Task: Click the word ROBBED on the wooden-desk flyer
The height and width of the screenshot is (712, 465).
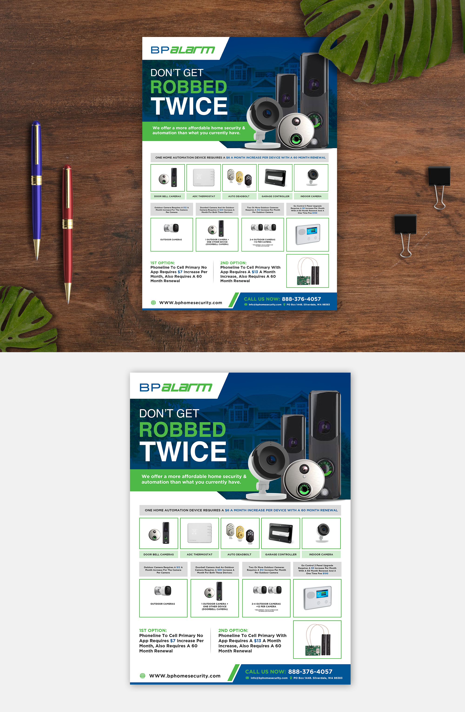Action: (x=189, y=87)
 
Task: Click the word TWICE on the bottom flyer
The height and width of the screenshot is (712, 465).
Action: (x=183, y=451)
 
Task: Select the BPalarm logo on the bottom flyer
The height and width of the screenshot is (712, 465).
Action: (x=176, y=387)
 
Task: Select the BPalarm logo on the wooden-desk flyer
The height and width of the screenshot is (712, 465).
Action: (x=183, y=50)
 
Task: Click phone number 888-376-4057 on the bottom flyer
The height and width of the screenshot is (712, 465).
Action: (x=310, y=672)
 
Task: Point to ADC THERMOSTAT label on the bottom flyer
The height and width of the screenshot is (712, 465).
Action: (x=199, y=554)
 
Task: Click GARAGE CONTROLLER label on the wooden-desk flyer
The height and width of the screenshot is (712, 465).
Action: (x=276, y=196)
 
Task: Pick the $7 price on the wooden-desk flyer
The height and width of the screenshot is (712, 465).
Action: (x=180, y=272)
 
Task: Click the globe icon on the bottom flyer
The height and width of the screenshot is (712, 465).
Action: (x=143, y=676)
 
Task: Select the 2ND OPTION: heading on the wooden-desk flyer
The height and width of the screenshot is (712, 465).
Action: (x=233, y=263)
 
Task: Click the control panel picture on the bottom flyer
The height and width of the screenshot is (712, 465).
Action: (x=317, y=598)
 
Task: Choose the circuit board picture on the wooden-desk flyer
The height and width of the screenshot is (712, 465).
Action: (x=307, y=271)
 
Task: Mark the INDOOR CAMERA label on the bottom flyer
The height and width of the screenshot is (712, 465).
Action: (x=321, y=554)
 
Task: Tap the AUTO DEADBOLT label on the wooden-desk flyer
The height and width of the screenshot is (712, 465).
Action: (x=239, y=196)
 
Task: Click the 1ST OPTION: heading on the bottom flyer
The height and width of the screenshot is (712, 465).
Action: (x=153, y=630)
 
